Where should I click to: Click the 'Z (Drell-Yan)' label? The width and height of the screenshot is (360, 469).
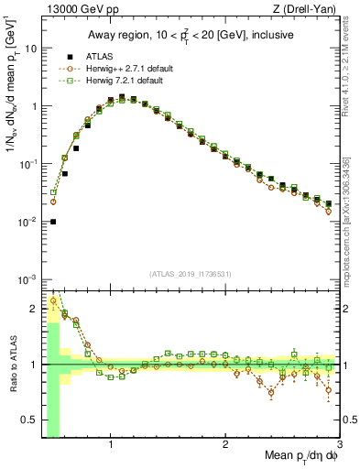click(x=309, y=9)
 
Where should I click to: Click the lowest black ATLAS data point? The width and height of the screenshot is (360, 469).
click(x=53, y=221)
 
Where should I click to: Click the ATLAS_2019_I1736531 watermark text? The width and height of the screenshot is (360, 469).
click(x=190, y=274)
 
